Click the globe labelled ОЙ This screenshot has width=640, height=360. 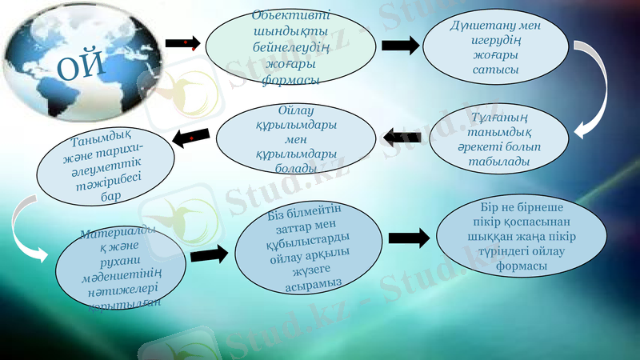76,64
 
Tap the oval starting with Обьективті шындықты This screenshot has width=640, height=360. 290,47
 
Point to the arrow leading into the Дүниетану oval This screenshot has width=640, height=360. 400,45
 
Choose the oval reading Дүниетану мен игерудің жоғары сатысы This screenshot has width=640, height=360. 496,47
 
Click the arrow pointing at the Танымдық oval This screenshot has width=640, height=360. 193,138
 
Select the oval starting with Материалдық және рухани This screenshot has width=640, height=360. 120,268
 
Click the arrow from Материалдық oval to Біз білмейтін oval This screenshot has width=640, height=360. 210,254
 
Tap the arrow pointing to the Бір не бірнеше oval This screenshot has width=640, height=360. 408,238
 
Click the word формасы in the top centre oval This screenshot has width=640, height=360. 291,80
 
